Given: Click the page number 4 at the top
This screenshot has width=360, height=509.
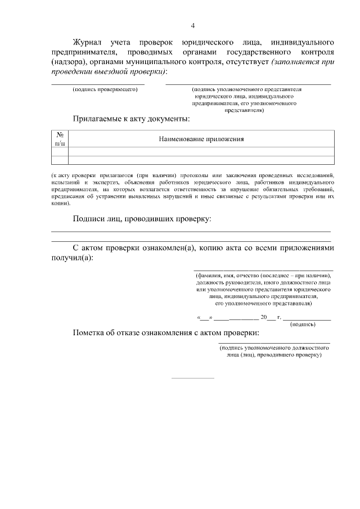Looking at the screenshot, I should pos(193,25).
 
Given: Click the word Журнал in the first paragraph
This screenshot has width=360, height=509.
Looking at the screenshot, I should pos(89,42).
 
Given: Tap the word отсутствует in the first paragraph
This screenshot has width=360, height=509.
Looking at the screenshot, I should pos(245,62).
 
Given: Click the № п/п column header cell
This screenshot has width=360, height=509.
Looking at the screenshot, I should pos(60,139).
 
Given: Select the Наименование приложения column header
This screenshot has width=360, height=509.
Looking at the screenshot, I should pos(201,139).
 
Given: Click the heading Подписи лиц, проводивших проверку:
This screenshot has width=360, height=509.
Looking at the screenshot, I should pos(142,218).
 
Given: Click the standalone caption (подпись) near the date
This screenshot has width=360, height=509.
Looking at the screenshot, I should pos(303,325).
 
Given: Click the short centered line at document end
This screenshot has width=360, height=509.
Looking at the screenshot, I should pos(192,378).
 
